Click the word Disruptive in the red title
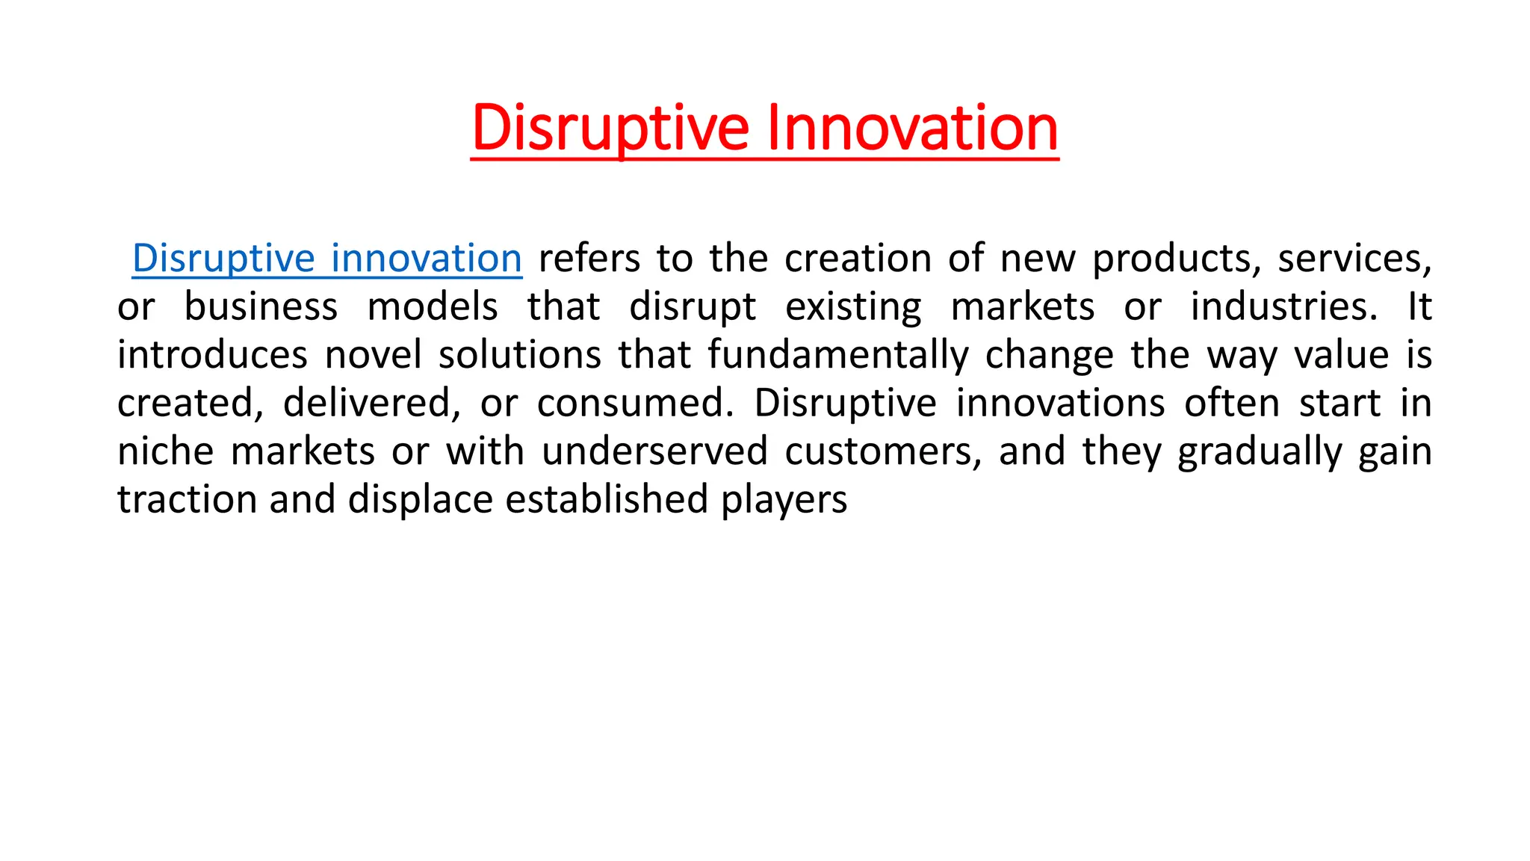pos(610,128)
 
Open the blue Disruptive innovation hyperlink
pos(326,259)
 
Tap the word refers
pos(589,259)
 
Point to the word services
pos(1354,259)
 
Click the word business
pos(261,307)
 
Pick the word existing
pos(853,307)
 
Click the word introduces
pos(212,355)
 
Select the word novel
pos(373,355)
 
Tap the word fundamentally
pos(837,355)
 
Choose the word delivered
pos(371,404)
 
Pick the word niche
pos(165,451)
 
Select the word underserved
pos(654,451)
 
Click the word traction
pos(187,499)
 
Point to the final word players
pos(784,501)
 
